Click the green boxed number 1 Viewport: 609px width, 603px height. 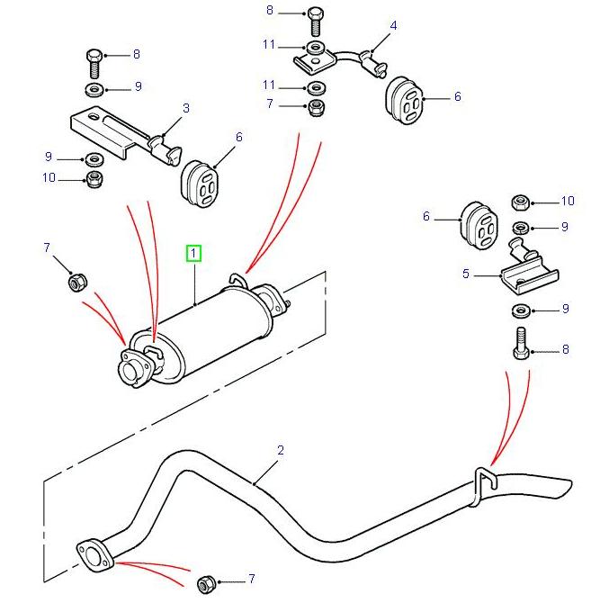tap(195, 254)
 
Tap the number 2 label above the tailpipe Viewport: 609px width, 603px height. tap(281, 450)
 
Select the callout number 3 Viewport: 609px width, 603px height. tap(186, 109)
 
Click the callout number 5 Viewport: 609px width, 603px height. tap(466, 274)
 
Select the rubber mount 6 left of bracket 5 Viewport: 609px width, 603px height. tap(478, 222)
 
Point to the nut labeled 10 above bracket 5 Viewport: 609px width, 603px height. tap(521, 202)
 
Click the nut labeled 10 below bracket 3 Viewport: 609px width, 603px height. tap(94, 179)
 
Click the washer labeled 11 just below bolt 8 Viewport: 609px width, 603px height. tap(314, 45)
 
